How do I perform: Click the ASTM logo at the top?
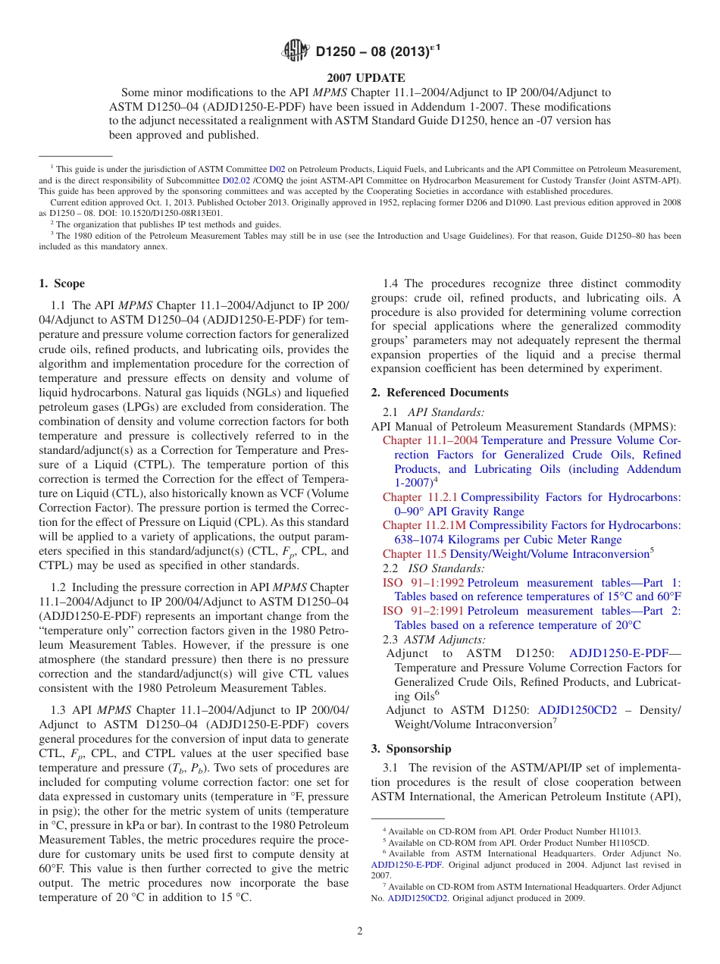coord(296,52)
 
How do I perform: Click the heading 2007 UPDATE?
coord(366,78)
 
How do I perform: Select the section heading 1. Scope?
coord(61,284)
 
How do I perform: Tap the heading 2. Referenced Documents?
coord(440,393)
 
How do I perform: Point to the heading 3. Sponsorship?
coord(411,749)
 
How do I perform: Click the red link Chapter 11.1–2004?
coord(430,441)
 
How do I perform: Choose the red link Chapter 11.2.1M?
coord(424,526)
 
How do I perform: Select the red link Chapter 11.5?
coord(415,554)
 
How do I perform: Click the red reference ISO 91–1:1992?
coord(423,583)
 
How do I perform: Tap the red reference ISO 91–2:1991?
coord(423,611)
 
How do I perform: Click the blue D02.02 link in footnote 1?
coord(235,180)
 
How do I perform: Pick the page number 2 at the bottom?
coord(360,931)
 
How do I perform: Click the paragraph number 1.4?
coord(391,284)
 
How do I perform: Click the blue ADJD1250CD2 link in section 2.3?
coord(578,710)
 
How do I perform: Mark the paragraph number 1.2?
coord(59,588)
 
